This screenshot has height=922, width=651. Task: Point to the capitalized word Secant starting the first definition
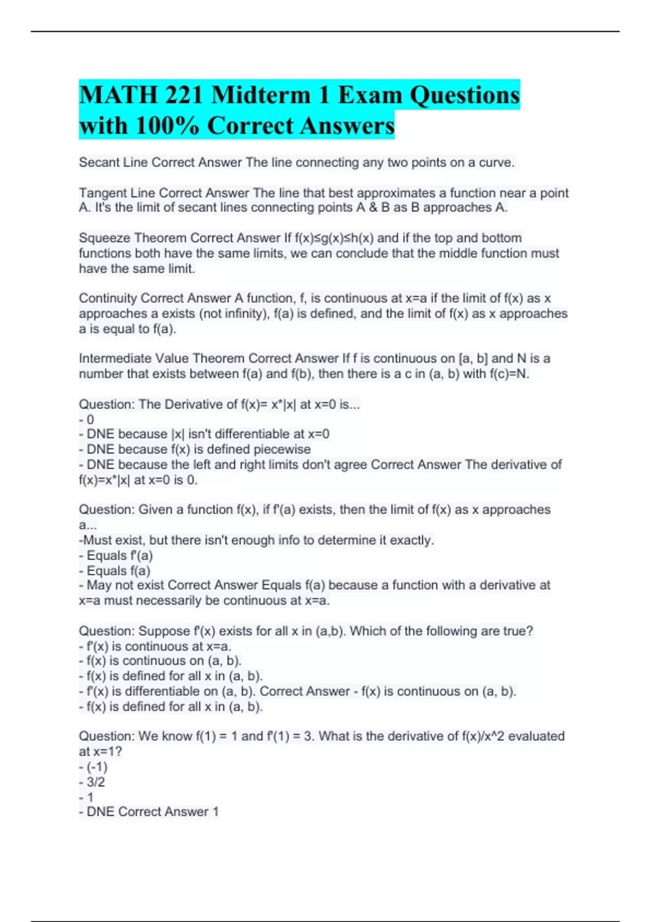[x=98, y=163]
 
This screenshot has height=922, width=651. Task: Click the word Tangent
[x=101, y=193]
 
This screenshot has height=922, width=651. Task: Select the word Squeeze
[x=104, y=238]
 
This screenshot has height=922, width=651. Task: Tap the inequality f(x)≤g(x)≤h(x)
[x=334, y=238]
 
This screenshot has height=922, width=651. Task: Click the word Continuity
[x=107, y=298]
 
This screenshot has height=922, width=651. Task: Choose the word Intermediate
[x=115, y=358]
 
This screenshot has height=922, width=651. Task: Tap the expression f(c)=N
[x=509, y=374]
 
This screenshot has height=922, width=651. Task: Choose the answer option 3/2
[x=95, y=782]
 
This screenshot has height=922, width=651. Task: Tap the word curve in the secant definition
[x=496, y=163]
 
